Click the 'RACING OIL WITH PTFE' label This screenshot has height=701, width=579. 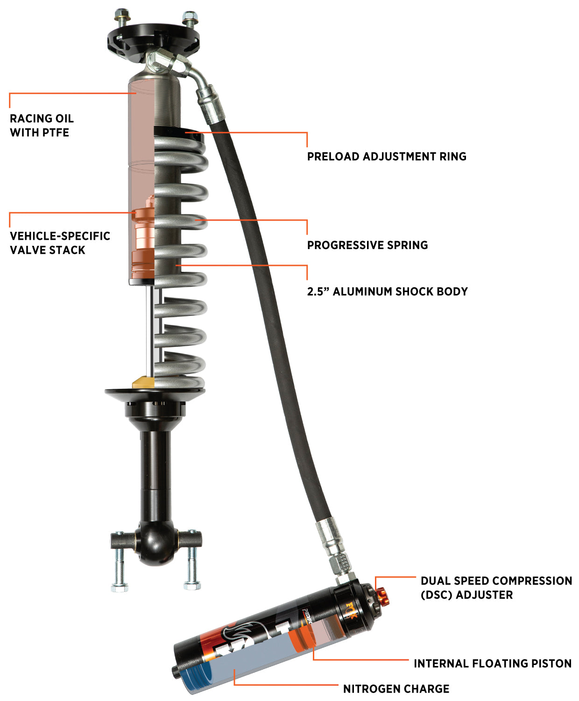coord(42,125)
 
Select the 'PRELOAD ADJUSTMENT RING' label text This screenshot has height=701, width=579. coord(387,157)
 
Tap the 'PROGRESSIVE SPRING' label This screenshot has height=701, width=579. coord(367,245)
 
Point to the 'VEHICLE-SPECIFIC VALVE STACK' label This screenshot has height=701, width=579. coord(60,243)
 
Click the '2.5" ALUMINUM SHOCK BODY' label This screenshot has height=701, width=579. coord(387,292)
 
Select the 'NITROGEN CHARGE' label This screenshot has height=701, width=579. coord(396,689)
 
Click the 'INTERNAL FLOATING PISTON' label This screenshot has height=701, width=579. coord(492,664)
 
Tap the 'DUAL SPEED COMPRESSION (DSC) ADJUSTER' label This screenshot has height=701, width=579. coord(496,588)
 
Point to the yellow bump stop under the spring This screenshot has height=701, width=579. coord(143,382)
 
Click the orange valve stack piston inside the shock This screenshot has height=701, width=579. coord(143,243)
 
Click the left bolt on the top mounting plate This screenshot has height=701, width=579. coord(122,18)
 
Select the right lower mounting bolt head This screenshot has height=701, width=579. coord(192,585)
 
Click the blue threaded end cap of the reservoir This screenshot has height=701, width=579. coord(192,677)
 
